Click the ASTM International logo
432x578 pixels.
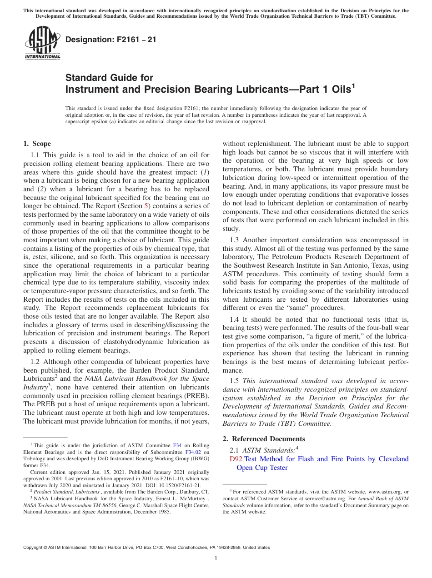click(42, 43)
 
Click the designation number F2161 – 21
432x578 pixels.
click(111, 40)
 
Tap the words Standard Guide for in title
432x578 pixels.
click(109, 78)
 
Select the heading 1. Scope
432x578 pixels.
click(37, 144)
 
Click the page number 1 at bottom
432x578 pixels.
click(216, 558)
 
